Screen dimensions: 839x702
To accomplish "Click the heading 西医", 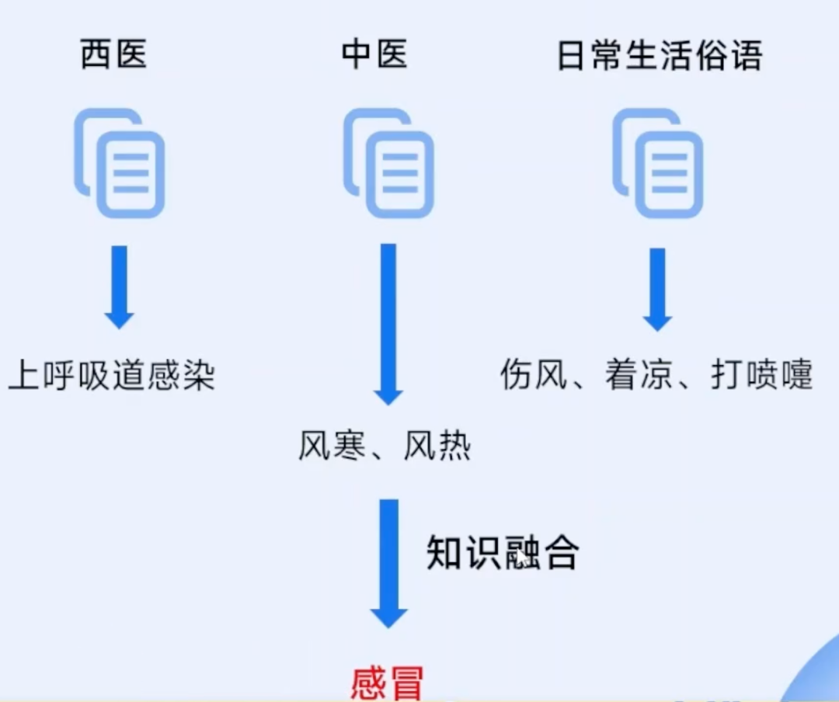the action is click(113, 55).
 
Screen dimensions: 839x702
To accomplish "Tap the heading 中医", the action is click(374, 55).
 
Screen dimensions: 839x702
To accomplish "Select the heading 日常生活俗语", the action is click(660, 55).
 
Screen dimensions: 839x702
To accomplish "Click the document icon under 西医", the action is click(120, 163).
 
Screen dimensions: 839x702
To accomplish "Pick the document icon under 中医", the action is click(388, 163).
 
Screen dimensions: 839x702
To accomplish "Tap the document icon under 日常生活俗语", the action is click(657, 163).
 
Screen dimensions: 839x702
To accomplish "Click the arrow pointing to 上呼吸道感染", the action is click(120, 287).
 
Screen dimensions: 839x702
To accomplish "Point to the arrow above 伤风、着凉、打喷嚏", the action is click(657, 288).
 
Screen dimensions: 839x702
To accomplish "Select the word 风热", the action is click(437, 446).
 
